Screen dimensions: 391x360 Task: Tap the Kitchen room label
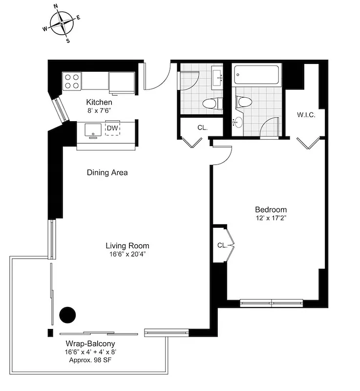(99, 103)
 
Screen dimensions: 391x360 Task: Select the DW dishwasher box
(113, 128)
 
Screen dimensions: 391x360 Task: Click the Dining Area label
(107, 173)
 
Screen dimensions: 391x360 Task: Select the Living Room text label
(127, 246)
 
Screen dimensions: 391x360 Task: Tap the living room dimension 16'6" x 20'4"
(127, 254)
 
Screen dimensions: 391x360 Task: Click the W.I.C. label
(306, 115)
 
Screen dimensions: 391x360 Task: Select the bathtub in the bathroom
(257, 76)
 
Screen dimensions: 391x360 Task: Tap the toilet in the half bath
(211, 103)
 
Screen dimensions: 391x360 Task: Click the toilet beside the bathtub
(244, 101)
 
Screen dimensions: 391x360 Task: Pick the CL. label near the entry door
(202, 128)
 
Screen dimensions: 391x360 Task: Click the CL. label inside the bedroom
(222, 245)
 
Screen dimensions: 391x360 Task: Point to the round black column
(67, 315)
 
